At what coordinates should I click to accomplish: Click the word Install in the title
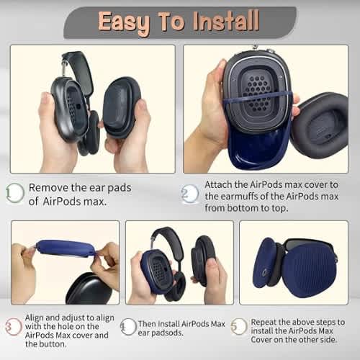[x=226, y=21]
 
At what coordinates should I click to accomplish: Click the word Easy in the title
[x=124, y=23]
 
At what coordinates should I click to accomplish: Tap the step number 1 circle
[x=15, y=193]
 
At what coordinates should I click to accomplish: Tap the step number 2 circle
[x=190, y=194]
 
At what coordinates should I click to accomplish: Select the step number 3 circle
[x=14, y=327]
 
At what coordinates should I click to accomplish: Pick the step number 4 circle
[x=128, y=327]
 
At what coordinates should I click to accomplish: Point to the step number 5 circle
[x=238, y=326]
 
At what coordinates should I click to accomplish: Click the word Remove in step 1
[x=48, y=187]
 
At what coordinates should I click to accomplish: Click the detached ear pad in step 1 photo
[x=121, y=108]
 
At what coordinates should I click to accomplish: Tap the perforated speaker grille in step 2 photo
[x=258, y=94]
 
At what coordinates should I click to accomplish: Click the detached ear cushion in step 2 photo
[x=319, y=125]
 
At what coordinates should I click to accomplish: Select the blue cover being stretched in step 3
[x=65, y=248]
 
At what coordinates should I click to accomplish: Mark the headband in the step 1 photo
[x=78, y=67]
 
